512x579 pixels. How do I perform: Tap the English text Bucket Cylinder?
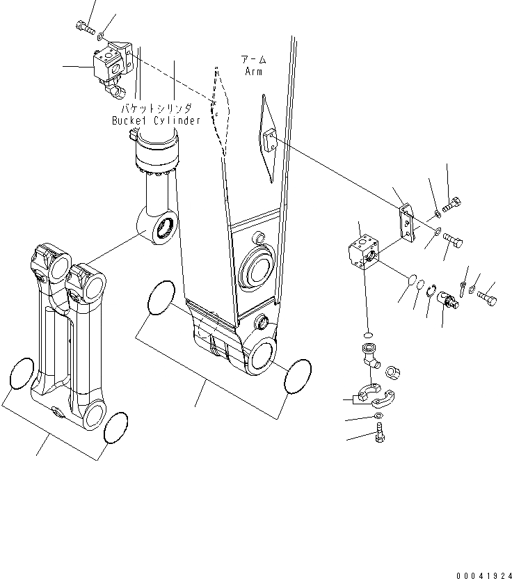pos(157,120)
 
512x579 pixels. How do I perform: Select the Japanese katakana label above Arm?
pos(254,59)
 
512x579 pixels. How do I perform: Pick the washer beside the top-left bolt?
pos(102,36)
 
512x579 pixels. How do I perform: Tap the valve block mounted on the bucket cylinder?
pos(111,62)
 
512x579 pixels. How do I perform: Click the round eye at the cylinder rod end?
pos(163,229)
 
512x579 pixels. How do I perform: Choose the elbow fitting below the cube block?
pos(368,354)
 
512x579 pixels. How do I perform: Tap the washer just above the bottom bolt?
pos(377,416)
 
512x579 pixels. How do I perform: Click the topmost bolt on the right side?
pos(452,205)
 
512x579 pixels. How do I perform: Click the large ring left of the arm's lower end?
pos(161,298)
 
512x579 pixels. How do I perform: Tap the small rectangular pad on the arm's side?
pos(269,145)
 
